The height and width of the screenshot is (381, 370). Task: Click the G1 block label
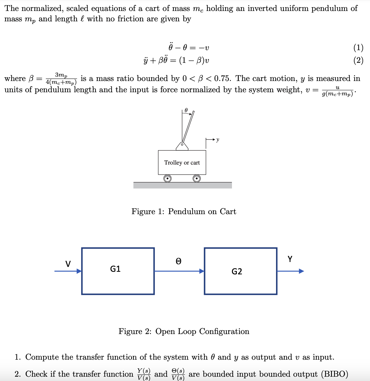[x=115, y=269]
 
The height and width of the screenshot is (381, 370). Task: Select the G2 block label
[x=237, y=271]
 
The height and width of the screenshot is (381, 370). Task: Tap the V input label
[x=68, y=264]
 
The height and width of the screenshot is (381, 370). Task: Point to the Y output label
[x=290, y=259]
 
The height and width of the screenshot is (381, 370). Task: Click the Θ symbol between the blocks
[x=178, y=261]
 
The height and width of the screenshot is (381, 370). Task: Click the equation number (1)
[x=358, y=48]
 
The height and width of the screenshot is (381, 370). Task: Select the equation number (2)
[x=358, y=60]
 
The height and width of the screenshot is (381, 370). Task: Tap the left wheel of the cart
[x=167, y=179]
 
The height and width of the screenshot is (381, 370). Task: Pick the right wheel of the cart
[x=197, y=179]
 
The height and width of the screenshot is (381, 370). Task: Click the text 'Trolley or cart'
[x=182, y=163]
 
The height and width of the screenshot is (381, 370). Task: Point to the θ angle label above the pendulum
[x=186, y=110]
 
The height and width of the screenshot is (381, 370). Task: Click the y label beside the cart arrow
[x=218, y=140]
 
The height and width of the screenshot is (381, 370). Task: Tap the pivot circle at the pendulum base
[x=182, y=144]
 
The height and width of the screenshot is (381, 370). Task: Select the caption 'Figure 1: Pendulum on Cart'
[x=184, y=212]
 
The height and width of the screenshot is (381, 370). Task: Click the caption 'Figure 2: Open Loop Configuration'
[x=184, y=331]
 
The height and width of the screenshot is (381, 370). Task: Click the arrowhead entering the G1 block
[x=79, y=271]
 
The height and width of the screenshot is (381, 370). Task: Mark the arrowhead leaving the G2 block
[x=301, y=271]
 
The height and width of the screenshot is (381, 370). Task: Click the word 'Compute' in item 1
[x=42, y=357]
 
